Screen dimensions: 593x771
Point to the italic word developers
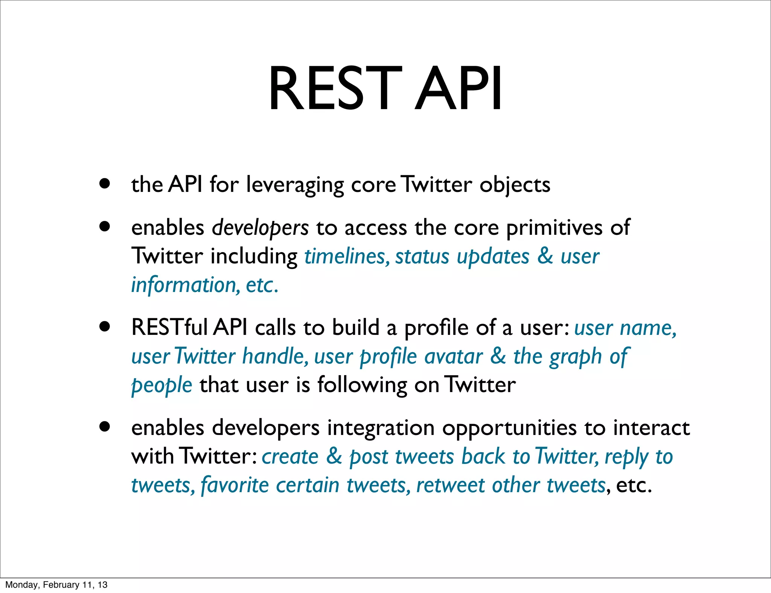pos(260,228)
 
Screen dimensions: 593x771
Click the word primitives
pos(554,228)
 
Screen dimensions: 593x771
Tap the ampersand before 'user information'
pos(545,256)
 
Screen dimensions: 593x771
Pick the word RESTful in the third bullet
pos(169,327)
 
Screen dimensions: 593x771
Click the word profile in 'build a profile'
pos(436,328)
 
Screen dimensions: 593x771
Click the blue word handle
pos(275,356)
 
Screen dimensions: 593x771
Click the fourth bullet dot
pos(105,427)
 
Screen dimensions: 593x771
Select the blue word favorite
pos(235,485)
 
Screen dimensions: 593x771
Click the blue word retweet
pos(450,485)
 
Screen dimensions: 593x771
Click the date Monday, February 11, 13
pos(56,585)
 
